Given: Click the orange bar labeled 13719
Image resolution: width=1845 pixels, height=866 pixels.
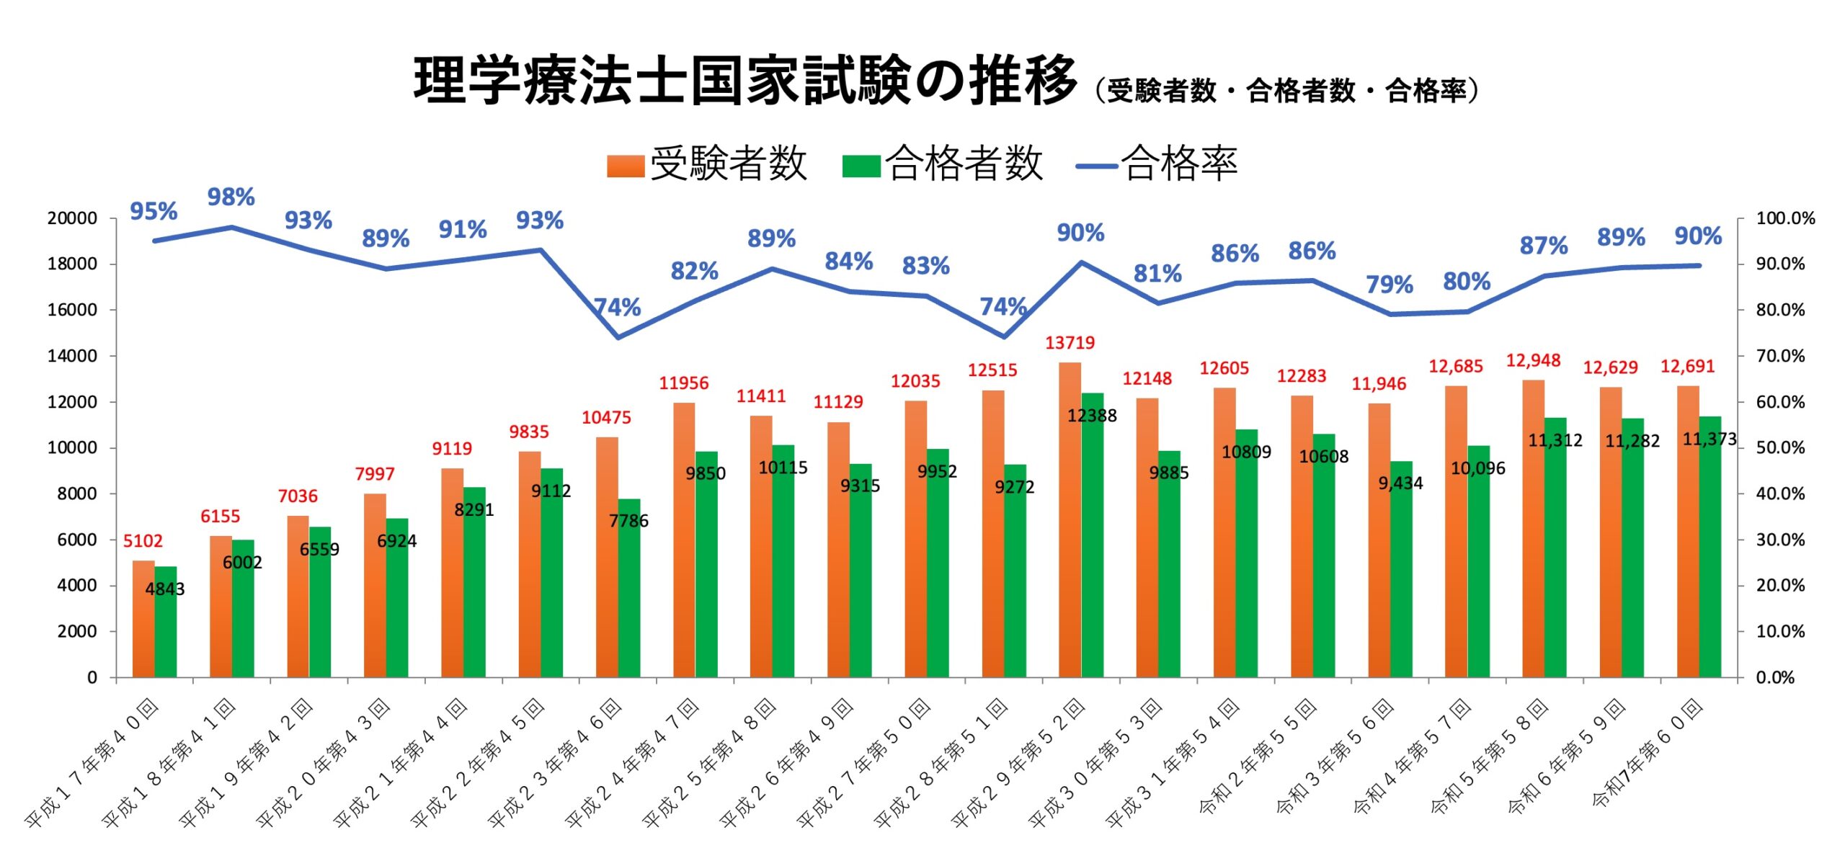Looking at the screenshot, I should [x=1070, y=519].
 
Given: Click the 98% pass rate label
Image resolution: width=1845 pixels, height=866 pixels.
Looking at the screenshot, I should [x=231, y=197].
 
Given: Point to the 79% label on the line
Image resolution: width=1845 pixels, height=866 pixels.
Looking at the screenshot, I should [x=1389, y=285].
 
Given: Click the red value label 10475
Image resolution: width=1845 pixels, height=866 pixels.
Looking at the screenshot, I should [x=606, y=418].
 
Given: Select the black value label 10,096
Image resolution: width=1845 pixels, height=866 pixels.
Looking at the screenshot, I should [x=1477, y=468].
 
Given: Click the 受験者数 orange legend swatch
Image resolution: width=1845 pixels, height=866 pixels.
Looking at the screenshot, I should [x=625, y=165].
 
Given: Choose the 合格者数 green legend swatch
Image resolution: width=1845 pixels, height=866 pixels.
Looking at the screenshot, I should [x=861, y=165].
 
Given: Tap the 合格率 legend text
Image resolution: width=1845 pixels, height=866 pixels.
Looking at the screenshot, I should [x=1179, y=164].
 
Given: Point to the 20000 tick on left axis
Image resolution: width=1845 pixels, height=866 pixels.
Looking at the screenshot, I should [x=72, y=218].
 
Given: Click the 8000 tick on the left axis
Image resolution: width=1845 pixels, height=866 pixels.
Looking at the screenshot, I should [x=76, y=494].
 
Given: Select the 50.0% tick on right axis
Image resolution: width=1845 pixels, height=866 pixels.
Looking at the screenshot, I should [x=1780, y=447].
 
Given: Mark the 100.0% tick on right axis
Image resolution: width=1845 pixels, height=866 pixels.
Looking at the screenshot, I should [x=1784, y=218].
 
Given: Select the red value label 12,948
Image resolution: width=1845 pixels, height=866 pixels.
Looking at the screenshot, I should [x=1533, y=360].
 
